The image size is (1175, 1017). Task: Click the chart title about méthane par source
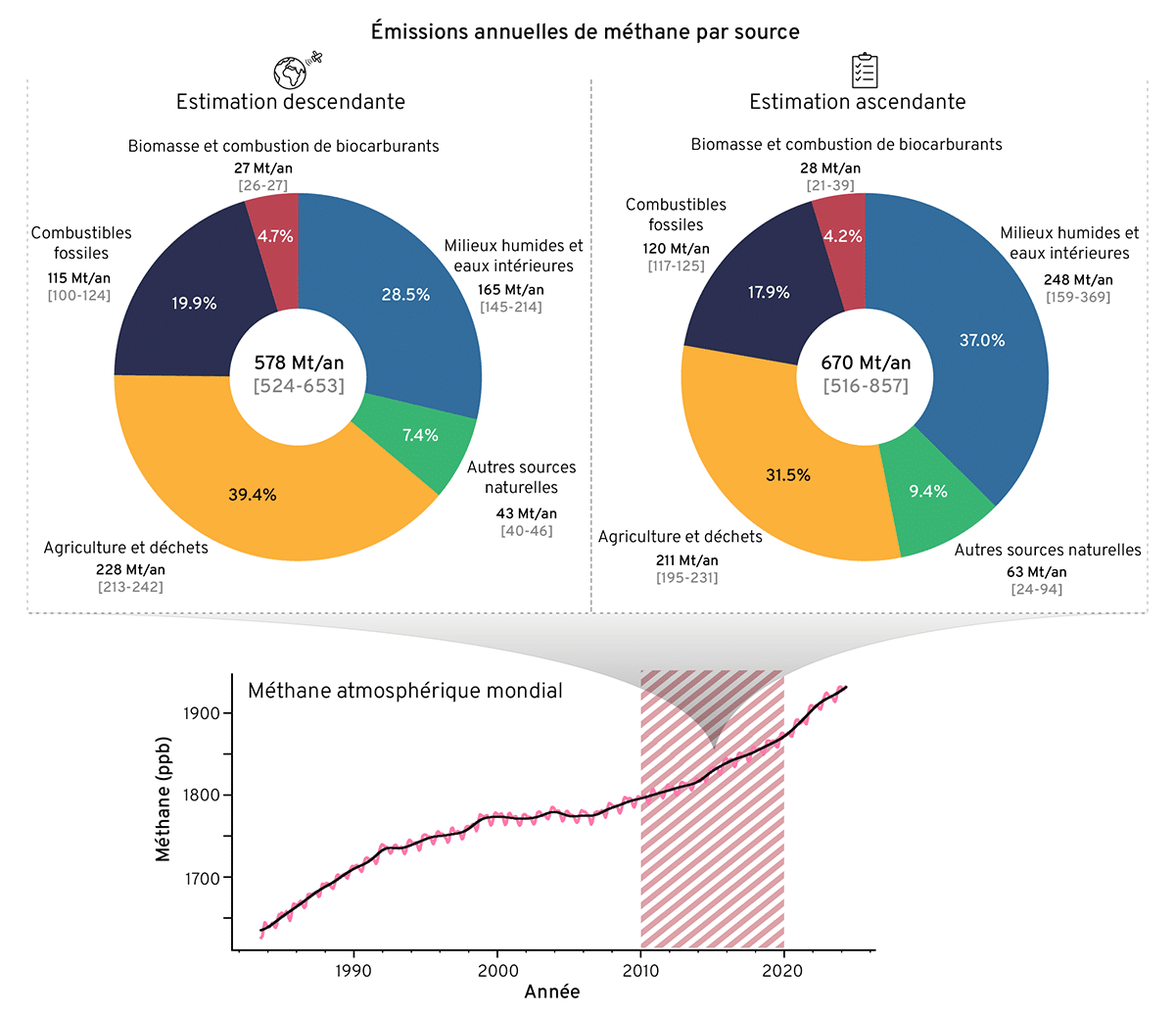tap(585, 31)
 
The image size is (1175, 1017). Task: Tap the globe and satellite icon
tap(297, 70)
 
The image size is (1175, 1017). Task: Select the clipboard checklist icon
tap(864, 70)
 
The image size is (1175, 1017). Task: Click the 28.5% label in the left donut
tap(405, 294)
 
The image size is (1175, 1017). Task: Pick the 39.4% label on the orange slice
tap(253, 495)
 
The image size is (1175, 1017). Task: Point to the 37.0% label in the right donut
tap(982, 340)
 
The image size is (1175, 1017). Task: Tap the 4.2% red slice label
tap(842, 236)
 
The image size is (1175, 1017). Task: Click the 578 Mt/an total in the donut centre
tap(299, 363)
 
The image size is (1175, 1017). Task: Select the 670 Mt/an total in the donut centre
tap(866, 363)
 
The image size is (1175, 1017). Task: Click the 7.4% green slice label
tap(420, 435)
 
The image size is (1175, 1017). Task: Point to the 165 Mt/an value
tap(511, 289)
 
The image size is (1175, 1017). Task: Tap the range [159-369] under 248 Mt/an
tap(1078, 297)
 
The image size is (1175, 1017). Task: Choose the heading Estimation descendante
tap(290, 102)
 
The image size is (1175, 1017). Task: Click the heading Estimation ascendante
tap(857, 102)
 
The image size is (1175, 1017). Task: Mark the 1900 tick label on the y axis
tap(201, 712)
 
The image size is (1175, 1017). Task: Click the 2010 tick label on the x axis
tap(640, 970)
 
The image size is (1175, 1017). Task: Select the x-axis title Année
tap(551, 992)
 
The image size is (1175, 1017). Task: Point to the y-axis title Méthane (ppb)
tap(163, 799)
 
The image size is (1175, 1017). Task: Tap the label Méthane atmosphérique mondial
tap(404, 691)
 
